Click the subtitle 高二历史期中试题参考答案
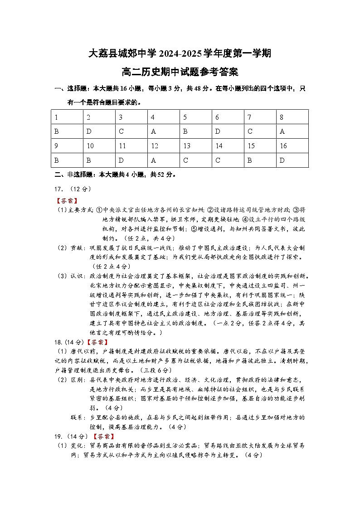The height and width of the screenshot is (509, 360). (180, 72)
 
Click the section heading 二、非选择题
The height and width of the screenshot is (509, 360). (74, 175)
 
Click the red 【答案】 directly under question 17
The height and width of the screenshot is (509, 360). (66, 200)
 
